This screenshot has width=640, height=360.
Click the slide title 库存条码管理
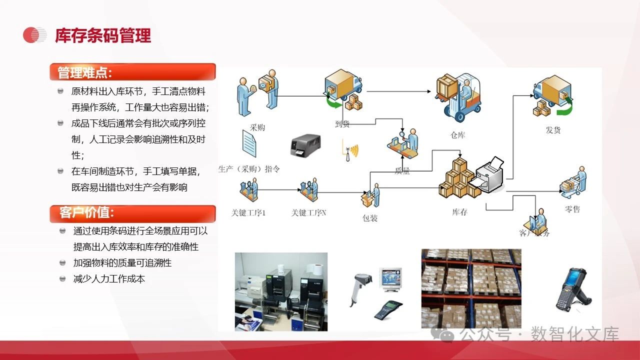(x=103, y=35)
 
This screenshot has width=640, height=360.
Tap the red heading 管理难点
(x=84, y=72)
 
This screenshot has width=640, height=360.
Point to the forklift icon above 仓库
(x=457, y=97)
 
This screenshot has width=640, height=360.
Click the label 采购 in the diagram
(x=257, y=127)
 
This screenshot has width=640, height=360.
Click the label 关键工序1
(x=248, y=213)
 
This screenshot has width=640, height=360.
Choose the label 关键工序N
(x=309, y=213)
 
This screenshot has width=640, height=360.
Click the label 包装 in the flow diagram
(x=370, y=218)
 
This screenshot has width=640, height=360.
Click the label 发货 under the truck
(x=553, y=130)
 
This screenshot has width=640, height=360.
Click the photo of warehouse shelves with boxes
(x=471, y=288)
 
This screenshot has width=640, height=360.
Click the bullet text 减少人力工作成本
(x=109, y=279)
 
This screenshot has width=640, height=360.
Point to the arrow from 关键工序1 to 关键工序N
(x=278, y=190)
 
